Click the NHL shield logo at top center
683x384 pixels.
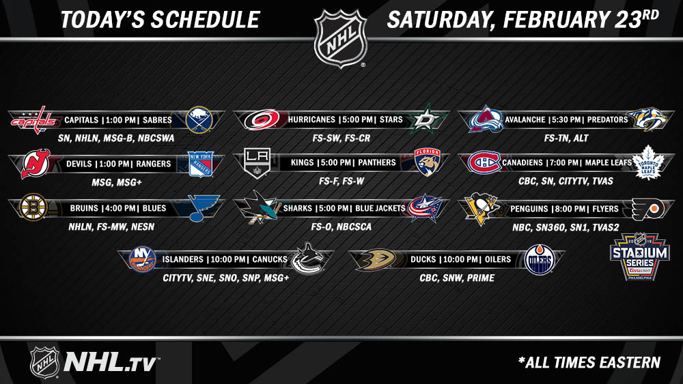(341, 39)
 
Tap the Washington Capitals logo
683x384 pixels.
(34, 120)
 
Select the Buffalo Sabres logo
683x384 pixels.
(199, 119)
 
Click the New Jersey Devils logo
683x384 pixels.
(36, 164)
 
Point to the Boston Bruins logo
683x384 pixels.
(33, 207)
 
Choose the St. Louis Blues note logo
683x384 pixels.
(203, 208)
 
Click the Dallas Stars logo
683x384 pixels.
(428, 119)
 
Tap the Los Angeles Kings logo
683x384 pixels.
(257, 163)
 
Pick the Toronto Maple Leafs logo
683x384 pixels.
(648, 162)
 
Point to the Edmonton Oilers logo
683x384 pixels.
(540, 260)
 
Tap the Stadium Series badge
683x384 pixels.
(640, 256)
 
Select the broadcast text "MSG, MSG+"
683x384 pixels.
(116, 183)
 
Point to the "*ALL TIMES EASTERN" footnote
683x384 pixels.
(589, 362)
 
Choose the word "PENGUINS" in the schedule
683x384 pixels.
(529, 209)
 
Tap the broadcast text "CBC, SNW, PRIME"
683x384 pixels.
(457, 278)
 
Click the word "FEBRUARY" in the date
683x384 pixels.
(556, 20)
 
